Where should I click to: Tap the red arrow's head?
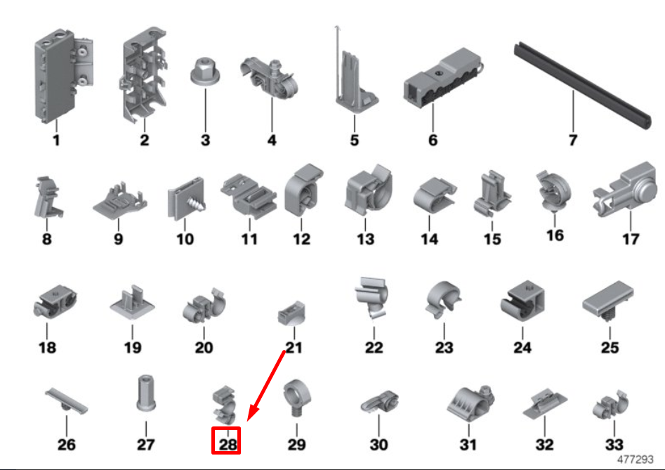pyautogui.click(x=252, y=412)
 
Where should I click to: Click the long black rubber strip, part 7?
pyautogui.click(x=582, y=85)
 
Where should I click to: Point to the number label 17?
pyautogui.click(x=631, y=240)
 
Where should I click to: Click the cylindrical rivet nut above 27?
pyautogui.click(x=145, y=393)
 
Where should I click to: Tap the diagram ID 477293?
pyautogui.click(x=636, y=459)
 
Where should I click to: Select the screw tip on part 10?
pyautogui.click(x=199, y=204)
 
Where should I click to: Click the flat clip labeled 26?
pyautogui.click(x=67, y=401)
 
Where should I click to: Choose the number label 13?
pyautogui.click(x=366, y=240)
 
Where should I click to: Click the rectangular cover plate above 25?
pyautogui.click(x=608, y=301)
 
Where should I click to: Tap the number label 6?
pyautogui.click(x=433, y=140)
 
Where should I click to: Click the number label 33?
pyautogui.click(x=614, y=445)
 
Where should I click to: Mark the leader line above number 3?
pyautogui.click(x=206, y=110)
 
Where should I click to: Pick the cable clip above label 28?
pyautogui.click(x=225, y=405)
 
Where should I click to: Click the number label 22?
pyautogui.click(x=374, y=348)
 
